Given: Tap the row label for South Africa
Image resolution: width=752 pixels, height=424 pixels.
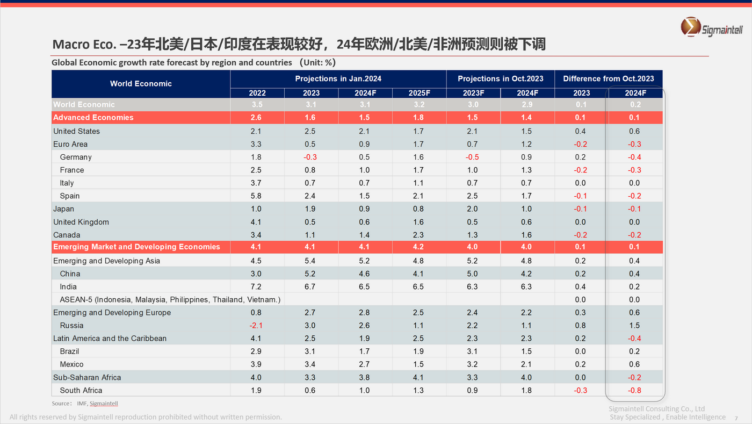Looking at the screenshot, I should pyautogui.click(x=81, y=391).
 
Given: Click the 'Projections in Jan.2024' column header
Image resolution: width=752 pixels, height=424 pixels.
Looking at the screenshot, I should pyautogui.click(x=338, y=79).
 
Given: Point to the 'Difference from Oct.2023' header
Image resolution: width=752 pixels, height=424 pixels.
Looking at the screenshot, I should pyautogui.click(x=608, y=79).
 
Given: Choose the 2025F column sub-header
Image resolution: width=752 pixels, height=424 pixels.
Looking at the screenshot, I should pyautogui.click(x=419, y=93).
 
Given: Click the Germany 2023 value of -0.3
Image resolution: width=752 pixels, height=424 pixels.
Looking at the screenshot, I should pyautogui.click(x=311, y=157).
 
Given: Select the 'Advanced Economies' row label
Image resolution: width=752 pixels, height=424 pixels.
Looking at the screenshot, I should pyautogui.click(x=93, y=118).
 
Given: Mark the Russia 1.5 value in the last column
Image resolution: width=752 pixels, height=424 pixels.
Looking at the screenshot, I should pyautogui.click(x=634, y=326).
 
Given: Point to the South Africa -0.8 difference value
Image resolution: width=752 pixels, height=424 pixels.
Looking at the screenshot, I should pyautogui.click(x=634, y=391).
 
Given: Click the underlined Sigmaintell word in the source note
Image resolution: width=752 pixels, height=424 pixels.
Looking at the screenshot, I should pyautogui.click(x=104, y=404).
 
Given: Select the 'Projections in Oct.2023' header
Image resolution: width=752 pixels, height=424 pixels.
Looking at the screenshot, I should pyautogui.click(x=500, y=79).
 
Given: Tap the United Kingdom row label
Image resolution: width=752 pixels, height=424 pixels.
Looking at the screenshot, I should pyautogui.click(x=81, y=222).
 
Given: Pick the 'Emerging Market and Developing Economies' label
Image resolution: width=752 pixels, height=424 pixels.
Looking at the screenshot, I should pyautogui.click(x=136, y=247).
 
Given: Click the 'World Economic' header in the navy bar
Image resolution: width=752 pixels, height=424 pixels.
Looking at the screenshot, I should pyautogui.click(x=141, y=84).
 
